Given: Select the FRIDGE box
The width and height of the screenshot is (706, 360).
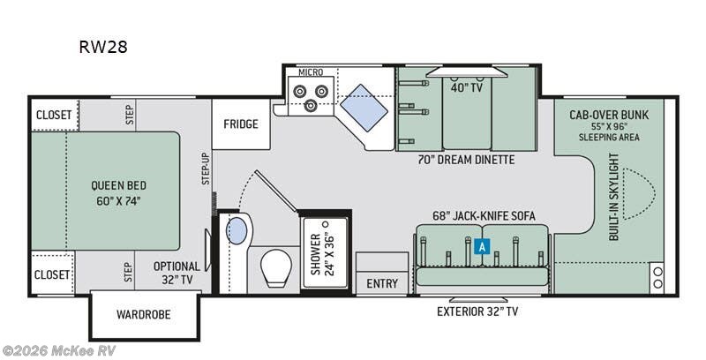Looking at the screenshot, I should (x=240, y=124).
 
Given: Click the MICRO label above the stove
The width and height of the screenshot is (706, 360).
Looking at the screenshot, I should (x=310, y=71).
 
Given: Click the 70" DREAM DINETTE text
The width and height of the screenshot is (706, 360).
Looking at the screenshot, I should (x=467, y=160).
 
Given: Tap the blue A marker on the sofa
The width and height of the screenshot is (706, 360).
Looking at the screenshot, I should (x=481, y=247).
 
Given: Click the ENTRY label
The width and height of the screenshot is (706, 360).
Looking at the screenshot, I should (x=381, y=284).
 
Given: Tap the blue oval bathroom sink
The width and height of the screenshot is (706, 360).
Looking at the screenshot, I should (x=237, y=232).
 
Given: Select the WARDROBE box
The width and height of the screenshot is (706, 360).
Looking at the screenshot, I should (x=144, y=314).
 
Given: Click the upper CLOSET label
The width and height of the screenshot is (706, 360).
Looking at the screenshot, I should (x=53, y=114).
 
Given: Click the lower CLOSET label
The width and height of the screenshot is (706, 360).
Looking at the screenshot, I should (x=53, y=274).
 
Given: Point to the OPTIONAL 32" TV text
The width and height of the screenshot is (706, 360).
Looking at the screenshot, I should (x=176, y=272).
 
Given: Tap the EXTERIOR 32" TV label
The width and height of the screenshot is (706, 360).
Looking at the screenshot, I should (x=478, y=311).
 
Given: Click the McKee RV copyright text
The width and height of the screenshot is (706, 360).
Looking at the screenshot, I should (x=59, y=350).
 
